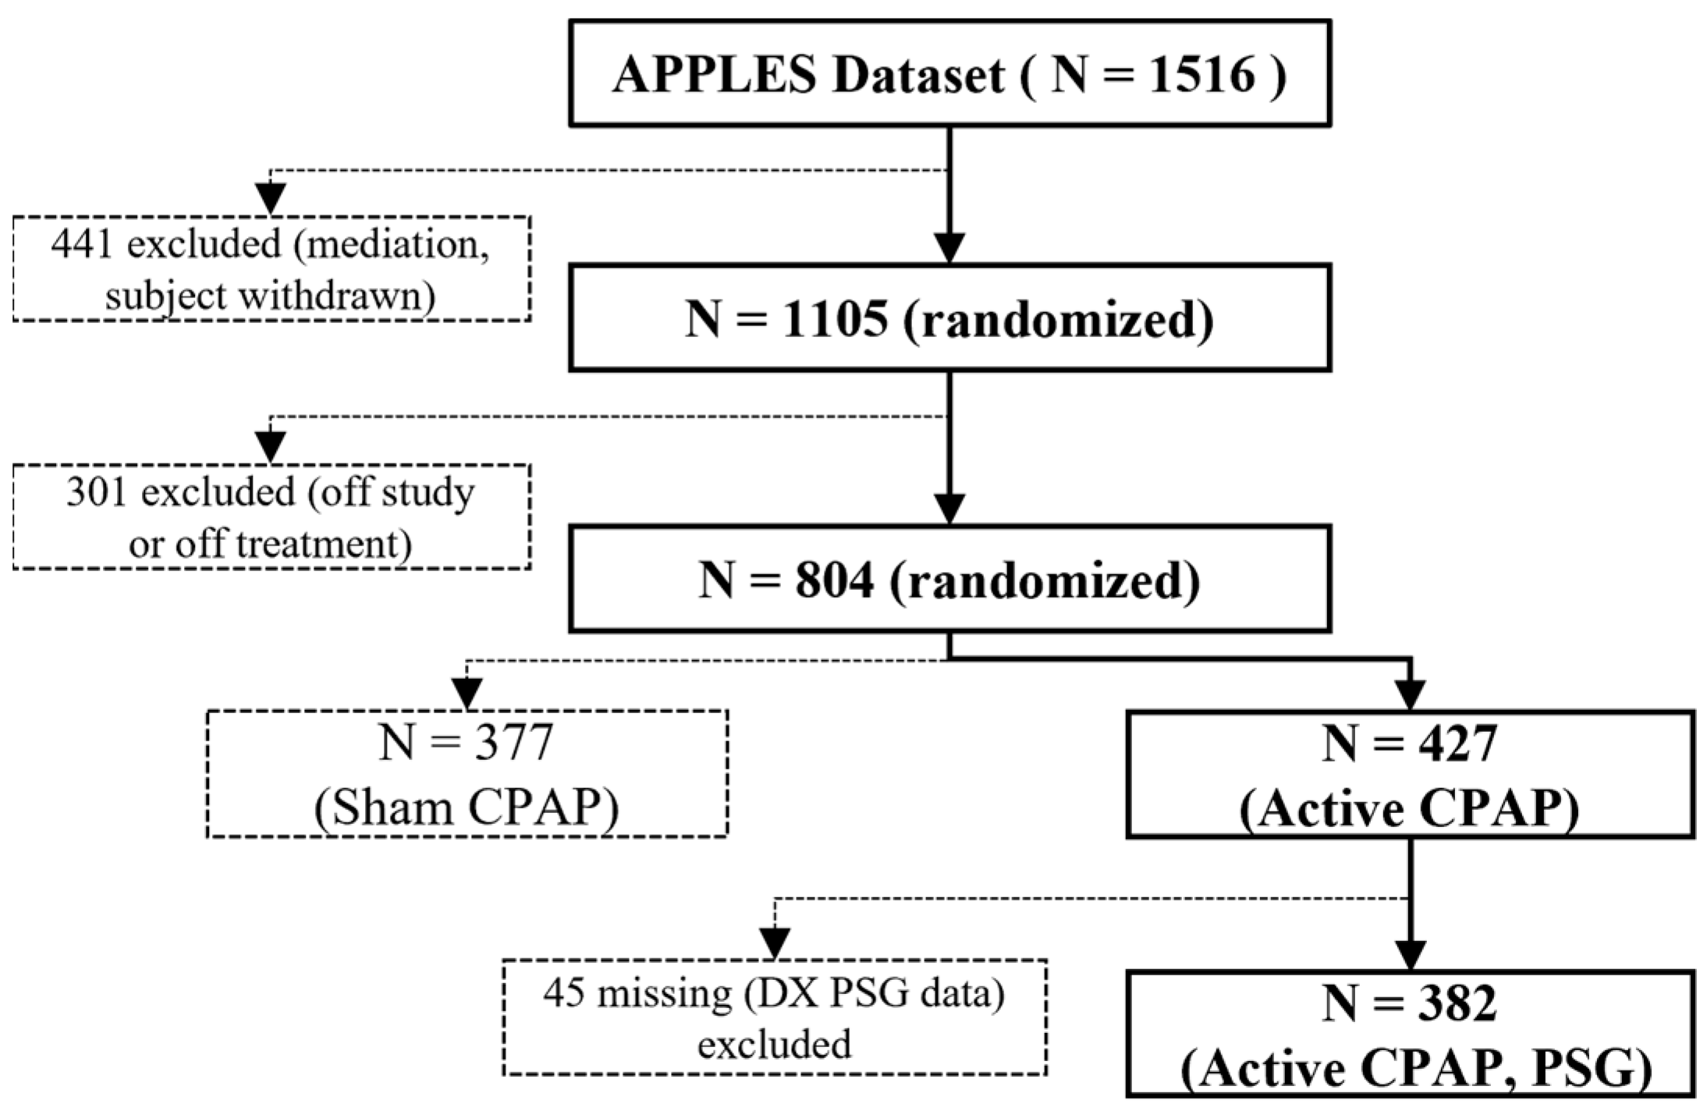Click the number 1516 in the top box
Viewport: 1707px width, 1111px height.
pos(1201,76)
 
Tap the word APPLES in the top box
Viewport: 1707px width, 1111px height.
pos(715,76)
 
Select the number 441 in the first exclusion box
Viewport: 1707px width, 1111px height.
pos(82,244)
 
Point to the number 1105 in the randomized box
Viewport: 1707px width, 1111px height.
pos(835,319)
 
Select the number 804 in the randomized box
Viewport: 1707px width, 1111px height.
pos(835,581)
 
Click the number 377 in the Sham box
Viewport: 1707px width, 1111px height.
pos(513,743)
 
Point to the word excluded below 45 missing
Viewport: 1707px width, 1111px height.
pos(774,1045)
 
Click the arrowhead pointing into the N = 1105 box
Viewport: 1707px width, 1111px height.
pos(949,248)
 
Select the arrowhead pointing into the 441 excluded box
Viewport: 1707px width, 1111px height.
pos(271,198)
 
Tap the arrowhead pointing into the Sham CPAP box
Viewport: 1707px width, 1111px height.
pos(467,693)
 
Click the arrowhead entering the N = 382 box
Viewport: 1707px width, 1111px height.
pos(1411,954)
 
